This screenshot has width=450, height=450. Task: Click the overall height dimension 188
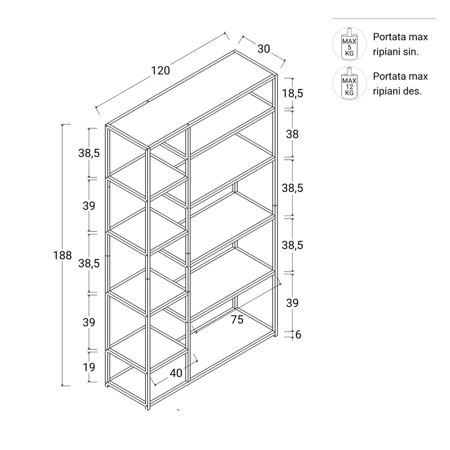coord(62,255)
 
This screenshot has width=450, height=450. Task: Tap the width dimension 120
coord(161,71)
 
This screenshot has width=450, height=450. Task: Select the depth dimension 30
coord(264,49)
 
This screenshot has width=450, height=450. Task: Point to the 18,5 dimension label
coord(292,93)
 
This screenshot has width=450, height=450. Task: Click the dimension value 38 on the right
coord(292,134)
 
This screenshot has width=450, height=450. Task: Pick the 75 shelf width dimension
coord(237,319)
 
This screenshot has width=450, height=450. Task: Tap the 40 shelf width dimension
coord(176,373)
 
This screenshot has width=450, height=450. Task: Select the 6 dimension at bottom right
coord(298,334)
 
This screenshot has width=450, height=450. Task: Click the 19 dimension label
coord(89,367)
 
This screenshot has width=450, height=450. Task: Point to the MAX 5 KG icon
coord(349,44)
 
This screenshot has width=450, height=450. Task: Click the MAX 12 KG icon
coord(349,84)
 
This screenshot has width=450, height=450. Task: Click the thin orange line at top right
coord(384,19)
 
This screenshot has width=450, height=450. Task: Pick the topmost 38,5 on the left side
coord(89,153)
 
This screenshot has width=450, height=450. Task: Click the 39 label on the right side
coord(292,303)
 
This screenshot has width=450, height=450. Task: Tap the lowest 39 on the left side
coord(89,322)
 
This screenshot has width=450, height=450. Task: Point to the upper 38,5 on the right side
coord(292,188)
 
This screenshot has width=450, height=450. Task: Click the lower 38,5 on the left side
coord(89,264)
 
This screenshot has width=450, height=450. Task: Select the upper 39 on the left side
coord(89,206)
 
